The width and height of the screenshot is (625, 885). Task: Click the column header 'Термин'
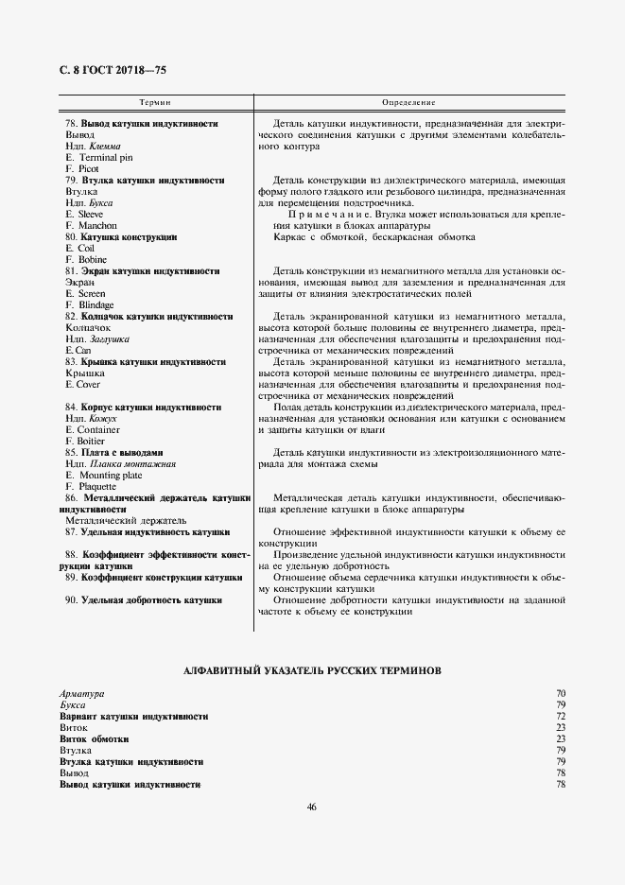155,101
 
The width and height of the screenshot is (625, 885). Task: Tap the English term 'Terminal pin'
105,158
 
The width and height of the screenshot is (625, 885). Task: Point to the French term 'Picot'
89,169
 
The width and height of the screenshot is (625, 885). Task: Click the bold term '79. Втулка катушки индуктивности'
145,181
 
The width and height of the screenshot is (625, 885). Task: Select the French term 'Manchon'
97,226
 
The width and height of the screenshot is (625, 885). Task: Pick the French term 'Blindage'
95,305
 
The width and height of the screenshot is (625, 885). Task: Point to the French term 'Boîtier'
93,442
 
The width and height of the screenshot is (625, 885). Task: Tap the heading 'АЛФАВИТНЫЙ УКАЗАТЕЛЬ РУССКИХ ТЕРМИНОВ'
312,670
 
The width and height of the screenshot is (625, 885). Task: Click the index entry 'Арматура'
82,694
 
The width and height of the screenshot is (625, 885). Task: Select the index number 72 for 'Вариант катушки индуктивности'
561,717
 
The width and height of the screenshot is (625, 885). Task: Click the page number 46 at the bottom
312,807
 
